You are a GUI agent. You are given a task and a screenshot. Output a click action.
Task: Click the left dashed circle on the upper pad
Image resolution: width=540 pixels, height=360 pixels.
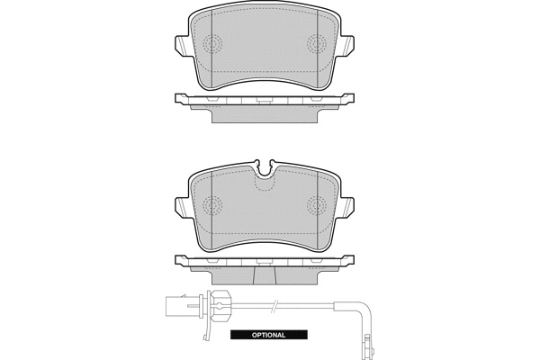pyautogui.click(x=212, y=44)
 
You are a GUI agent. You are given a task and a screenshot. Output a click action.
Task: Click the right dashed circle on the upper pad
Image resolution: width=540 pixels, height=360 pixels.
pyautogui.click(x=317, y=44)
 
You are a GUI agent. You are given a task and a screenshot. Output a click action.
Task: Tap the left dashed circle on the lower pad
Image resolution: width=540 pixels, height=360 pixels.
pyautogui.click(x=212, y=206)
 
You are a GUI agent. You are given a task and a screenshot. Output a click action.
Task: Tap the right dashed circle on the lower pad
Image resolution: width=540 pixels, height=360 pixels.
pyautogui.click(x=317, y=206)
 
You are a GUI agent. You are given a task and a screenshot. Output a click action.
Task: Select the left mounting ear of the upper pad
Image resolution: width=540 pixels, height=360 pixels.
pyautogui.click(x=182, y=45)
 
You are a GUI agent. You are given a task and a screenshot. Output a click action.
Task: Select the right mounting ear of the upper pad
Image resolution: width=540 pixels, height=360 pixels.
pyautogui.click(x=347, y=45)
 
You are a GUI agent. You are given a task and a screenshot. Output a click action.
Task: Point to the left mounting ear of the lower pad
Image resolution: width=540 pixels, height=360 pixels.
pyautogui.click(x=182, y=207)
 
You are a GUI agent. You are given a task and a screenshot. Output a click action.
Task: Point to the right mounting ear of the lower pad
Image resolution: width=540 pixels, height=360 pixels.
pyautogui.click(x=347, y=207)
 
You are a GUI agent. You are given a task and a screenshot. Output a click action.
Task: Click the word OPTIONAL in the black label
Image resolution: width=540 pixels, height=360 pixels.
pyautogui.click(x=268, y=335)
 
